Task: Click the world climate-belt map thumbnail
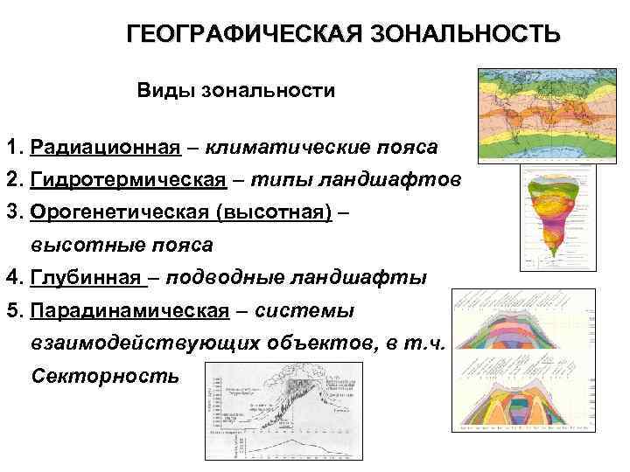pos(548,115)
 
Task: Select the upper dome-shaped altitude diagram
pos(535,329)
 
